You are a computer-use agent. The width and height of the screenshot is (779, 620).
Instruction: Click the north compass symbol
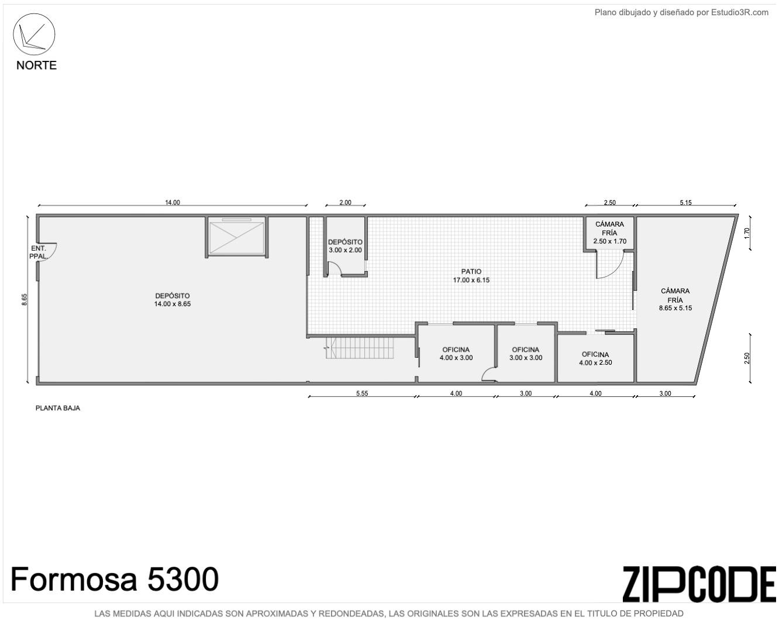tap(34, 35)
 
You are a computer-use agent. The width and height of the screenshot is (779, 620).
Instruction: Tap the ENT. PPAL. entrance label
tap(39, 252)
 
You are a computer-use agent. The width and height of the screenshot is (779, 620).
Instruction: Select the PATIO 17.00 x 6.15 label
tap(471, 275)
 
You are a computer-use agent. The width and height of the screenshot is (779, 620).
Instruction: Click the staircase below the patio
tap(360, 348)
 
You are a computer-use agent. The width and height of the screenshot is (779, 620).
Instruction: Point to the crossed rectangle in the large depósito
tap(236, 237)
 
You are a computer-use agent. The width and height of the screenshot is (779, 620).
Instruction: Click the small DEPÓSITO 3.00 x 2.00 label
tap(345, 246)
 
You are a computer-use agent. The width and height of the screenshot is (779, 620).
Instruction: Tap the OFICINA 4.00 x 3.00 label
tap(456, 353)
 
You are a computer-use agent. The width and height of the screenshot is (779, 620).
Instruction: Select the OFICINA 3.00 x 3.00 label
tap(526, 353)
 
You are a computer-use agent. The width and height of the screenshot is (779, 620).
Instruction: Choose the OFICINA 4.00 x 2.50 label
tap(595, 358)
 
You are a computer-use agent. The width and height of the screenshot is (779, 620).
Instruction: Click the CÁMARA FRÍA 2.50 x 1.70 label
tap(609, 232)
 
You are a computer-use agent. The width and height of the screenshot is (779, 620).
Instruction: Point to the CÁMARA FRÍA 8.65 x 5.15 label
tap(675, 299)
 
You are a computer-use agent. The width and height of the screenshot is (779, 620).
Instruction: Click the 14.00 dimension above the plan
tap(173, 203)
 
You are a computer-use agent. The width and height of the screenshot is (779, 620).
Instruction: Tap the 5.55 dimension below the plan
tap(361, 393)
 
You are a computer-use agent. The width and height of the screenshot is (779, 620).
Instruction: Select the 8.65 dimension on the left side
tap(24, 299)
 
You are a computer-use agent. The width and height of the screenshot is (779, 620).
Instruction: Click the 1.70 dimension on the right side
tap(747, 233)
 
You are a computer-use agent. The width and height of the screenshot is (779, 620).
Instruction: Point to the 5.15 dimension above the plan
tap(685, 203)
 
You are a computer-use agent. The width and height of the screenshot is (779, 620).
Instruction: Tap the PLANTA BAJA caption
tap(57, 408)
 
